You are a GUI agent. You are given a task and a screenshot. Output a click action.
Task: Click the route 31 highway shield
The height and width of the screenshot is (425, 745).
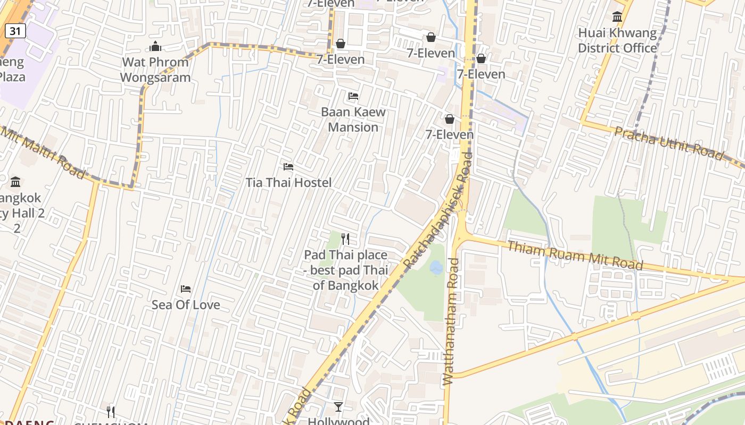[15, 31]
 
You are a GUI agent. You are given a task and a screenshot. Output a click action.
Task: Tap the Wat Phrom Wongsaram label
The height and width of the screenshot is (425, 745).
[155, 70]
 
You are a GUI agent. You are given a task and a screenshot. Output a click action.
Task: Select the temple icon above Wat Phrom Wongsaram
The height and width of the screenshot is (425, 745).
[155, 47]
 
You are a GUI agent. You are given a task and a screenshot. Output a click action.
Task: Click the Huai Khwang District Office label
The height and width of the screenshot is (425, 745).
[617, 40]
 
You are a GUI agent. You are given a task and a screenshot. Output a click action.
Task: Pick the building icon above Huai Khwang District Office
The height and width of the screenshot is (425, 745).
[617, 17]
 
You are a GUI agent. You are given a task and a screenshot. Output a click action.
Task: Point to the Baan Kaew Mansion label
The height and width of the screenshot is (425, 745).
[353, 120]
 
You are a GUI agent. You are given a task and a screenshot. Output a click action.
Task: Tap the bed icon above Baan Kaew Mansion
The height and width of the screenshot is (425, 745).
[353, 96]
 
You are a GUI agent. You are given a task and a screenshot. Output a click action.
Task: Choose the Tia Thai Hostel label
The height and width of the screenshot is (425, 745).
[288, 183]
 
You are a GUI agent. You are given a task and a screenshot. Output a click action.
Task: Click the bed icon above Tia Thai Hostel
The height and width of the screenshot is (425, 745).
[288, 167]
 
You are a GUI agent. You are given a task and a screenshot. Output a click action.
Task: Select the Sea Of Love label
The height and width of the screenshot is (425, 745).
[186, 305]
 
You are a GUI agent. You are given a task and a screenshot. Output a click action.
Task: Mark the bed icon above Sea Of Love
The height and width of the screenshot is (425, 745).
[186, 289]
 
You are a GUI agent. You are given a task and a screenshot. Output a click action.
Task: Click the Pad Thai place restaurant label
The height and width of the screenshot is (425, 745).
[346, 270]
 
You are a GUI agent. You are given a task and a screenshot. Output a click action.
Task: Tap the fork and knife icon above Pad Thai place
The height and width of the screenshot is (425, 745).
[345, 239]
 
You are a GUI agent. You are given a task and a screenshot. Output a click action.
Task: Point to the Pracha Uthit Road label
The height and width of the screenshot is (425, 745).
[669, 143]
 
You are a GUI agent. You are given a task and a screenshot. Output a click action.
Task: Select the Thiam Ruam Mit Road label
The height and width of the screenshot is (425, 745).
[575, 255]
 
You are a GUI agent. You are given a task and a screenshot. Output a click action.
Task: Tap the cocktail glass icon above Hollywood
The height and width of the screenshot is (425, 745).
[338, 407]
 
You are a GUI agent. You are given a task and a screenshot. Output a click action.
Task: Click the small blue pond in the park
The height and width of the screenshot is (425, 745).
[436, 268]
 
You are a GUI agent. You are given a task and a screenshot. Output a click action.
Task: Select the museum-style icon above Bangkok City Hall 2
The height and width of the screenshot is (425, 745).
[15, 182]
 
